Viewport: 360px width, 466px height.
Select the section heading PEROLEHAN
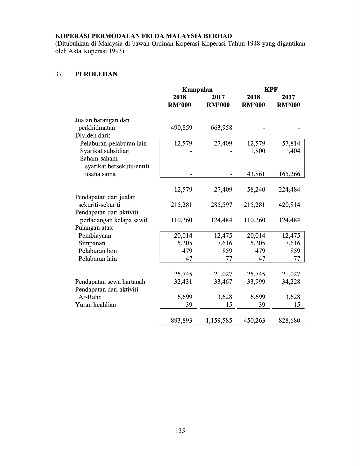(96, 74)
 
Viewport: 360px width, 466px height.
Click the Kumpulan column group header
(197, 90)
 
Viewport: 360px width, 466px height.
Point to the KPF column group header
(271, 90)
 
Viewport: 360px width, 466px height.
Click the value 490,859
(182, 128)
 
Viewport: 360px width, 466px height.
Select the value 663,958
(221, 128)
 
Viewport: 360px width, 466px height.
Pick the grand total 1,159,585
(219, 321)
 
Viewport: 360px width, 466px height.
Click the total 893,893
(182, 321)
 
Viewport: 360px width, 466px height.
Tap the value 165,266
(289, 174)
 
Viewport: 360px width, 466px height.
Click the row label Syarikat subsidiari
(105, 151)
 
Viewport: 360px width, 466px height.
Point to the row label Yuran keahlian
(96, 305)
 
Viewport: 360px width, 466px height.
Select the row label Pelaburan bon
(98, 251)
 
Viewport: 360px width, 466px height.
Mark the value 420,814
(289, 205)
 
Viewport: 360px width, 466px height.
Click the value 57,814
(291, 143)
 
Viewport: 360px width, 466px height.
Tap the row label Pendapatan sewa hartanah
(110, 282)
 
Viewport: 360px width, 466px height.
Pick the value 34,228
(291, 282)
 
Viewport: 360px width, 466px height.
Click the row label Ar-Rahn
(90, 297)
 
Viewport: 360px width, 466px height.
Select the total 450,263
(254, 321)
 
